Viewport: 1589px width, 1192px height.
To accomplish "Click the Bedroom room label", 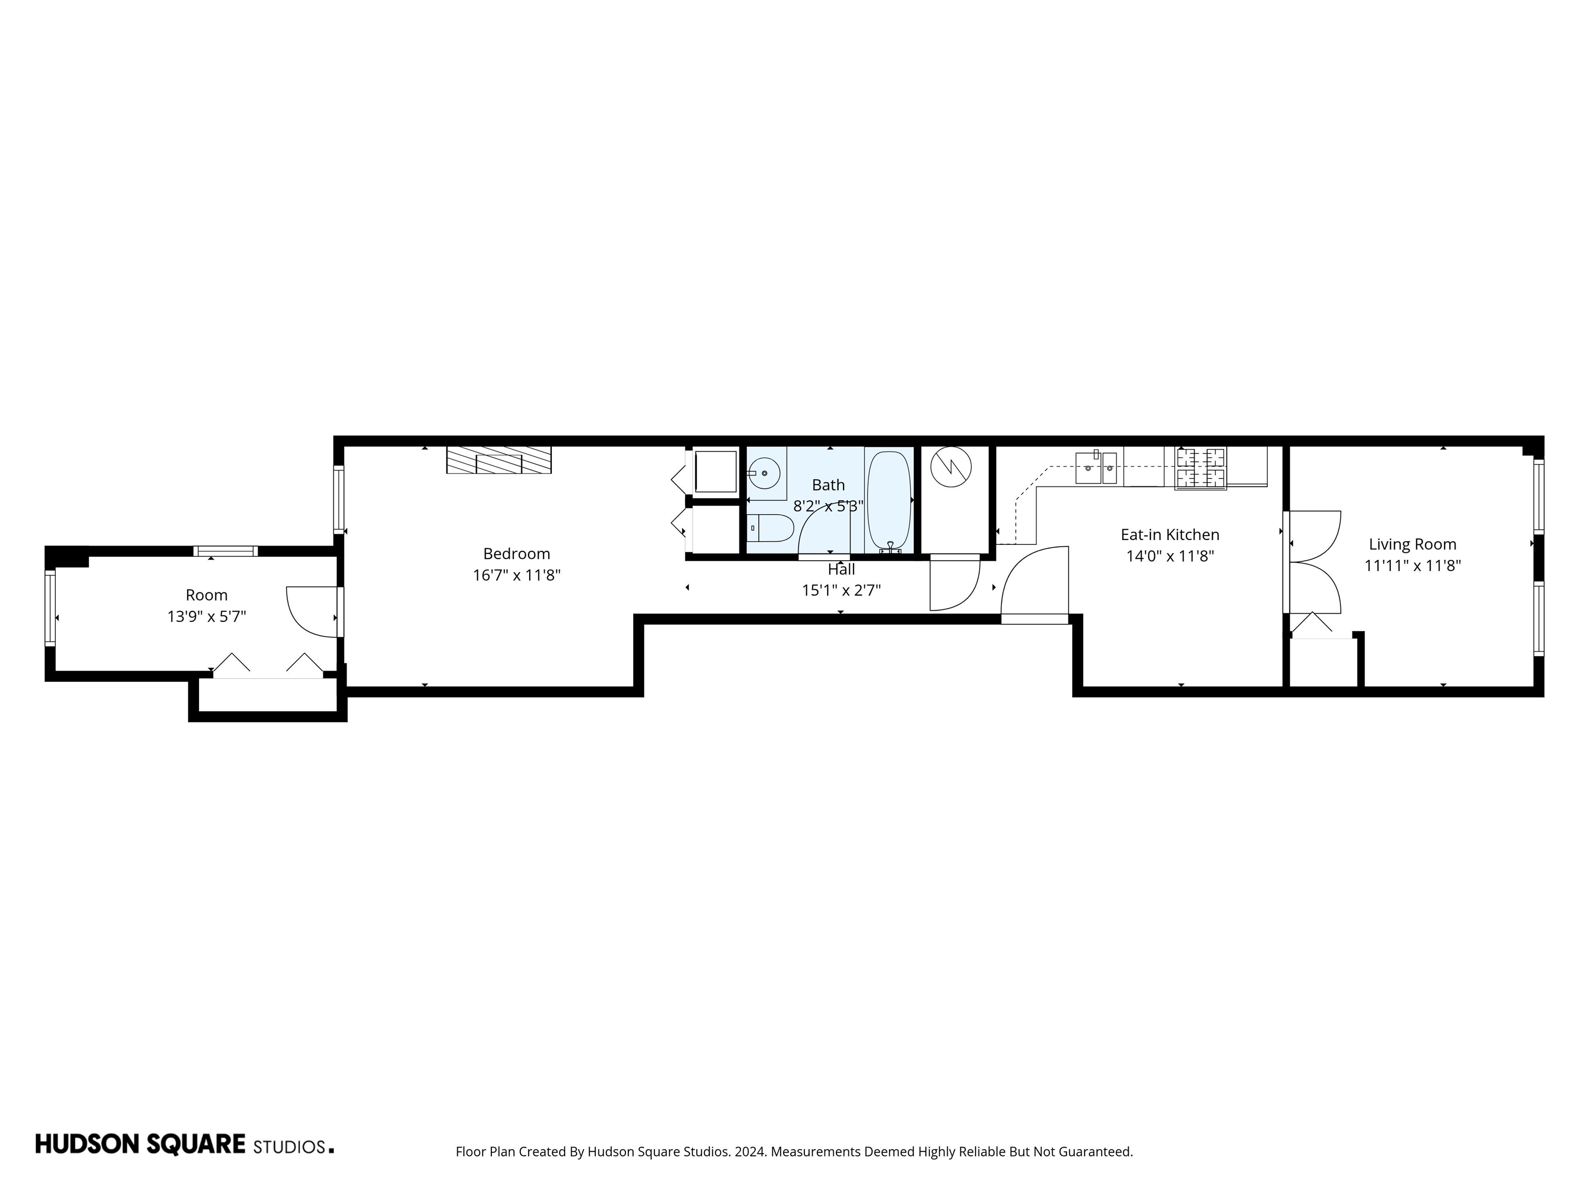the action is [x=517, y=554].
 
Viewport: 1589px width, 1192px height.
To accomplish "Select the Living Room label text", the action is [x=1412, y=545].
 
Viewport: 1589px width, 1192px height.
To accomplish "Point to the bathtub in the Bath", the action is [x=889, y=500].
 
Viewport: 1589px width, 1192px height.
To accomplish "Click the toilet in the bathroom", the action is [x=769, y=529].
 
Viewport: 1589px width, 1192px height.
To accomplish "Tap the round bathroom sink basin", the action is [x=764, y=473].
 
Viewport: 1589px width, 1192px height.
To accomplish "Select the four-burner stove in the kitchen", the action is [x=1201, y=468].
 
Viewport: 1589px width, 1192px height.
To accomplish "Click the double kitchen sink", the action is [x=1096, y=468].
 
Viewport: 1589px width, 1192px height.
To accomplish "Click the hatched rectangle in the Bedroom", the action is [x=499, y=460].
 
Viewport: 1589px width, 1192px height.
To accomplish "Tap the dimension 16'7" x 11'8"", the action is [x=517, y=575].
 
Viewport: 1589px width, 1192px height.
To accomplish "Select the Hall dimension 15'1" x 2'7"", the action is [x=841, y=591].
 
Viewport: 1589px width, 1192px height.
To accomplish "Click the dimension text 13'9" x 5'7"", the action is [x=207, y=617].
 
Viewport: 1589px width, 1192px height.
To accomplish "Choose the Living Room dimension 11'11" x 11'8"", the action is [x=1412, y=566].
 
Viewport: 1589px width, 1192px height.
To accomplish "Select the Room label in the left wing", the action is [x=207, y=595].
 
